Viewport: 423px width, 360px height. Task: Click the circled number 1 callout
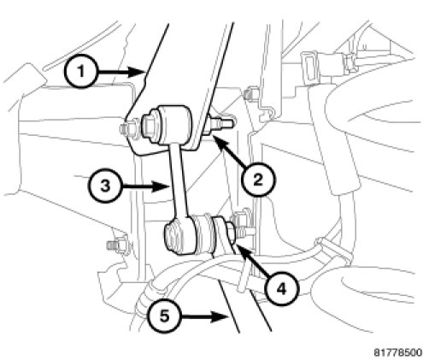81,71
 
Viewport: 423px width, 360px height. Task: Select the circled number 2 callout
258,180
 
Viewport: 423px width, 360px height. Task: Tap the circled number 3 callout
105,186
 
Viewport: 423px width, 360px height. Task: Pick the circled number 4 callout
281,289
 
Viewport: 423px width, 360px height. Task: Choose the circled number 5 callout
164,316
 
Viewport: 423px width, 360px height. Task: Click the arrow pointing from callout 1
122,72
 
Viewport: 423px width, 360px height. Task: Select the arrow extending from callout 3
146,187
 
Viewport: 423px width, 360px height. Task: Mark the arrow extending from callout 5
204,316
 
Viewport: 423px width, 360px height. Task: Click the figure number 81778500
397,352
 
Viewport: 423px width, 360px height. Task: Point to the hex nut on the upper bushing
149,126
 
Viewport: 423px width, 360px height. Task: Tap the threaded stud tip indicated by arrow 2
225,124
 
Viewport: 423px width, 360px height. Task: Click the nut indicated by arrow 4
230,233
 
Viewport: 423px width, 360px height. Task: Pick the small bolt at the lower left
118,245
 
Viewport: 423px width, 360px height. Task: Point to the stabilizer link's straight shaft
178,182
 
